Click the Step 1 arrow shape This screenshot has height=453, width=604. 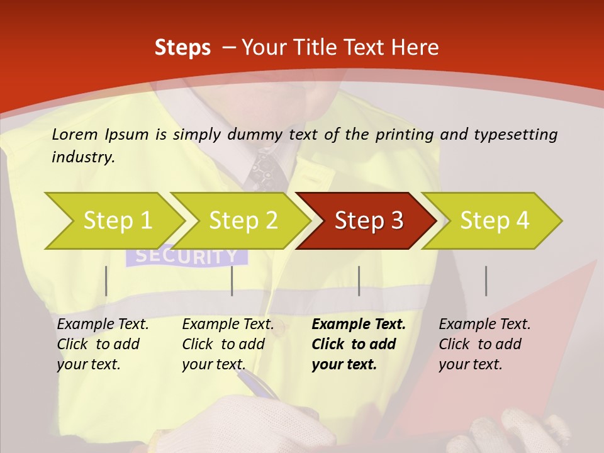[116, 221]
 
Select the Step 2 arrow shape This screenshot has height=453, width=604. [242, 221]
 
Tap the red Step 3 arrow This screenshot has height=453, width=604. [368, 221]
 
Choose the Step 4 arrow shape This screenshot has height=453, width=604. [494, 221]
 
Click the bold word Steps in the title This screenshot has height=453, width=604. [182, 48]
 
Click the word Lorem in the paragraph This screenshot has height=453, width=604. [75, 135]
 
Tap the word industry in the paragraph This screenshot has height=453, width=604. [82, 157]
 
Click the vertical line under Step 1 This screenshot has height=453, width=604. [106, 281]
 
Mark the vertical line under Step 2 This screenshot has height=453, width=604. [232, 281]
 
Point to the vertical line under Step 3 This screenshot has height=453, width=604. [359, 281]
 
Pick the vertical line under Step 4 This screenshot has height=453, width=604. [486, 281]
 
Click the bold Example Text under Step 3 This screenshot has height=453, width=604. [359, 325]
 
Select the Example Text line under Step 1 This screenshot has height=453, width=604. [103, 325]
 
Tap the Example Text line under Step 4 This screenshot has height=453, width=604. [484, 325]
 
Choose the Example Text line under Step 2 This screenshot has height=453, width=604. [228, 325]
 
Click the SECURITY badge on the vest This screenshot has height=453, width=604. [187, 257]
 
